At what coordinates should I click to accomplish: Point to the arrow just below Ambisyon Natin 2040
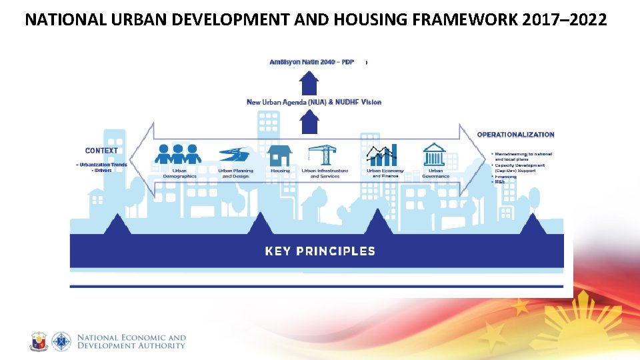[x=309, y=83]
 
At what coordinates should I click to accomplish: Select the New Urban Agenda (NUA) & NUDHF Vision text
[x=314, y=102]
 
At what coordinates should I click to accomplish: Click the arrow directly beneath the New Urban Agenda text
[x=309, y=123]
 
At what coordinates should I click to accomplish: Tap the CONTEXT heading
[x=101, y=151]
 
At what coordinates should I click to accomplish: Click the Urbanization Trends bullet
[x=103, y=164]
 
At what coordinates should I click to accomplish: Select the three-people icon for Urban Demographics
[x=178, y=154]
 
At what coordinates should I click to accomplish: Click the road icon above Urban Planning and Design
[x=235, y=155]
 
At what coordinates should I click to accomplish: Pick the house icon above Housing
[x=280, y=155]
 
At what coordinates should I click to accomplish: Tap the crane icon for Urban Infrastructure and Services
[x=324, y=154]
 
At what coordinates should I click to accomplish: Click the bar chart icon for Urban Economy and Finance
[x=382, y=155]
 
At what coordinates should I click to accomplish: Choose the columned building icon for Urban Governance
[x=435, y=155]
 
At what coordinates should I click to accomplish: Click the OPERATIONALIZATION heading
[x=515, y=135]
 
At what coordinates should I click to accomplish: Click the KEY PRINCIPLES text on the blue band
[x=320, y=251]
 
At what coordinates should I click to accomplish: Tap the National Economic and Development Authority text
[x=131, y=341]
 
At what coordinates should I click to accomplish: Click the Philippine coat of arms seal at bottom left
[x=39, y=341]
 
